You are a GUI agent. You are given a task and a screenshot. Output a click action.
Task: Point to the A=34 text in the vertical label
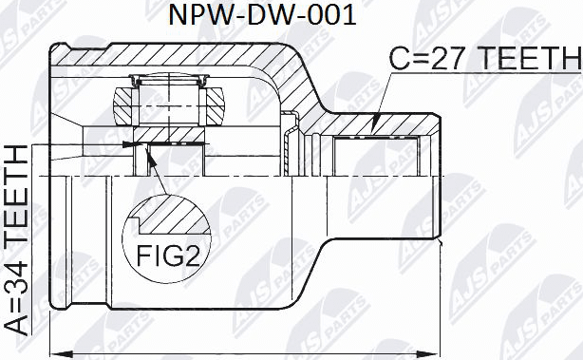pyautogui.click(x=16, y=304)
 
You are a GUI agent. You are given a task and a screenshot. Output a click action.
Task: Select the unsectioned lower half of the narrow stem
pyautogui.click(x=380, y=204)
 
